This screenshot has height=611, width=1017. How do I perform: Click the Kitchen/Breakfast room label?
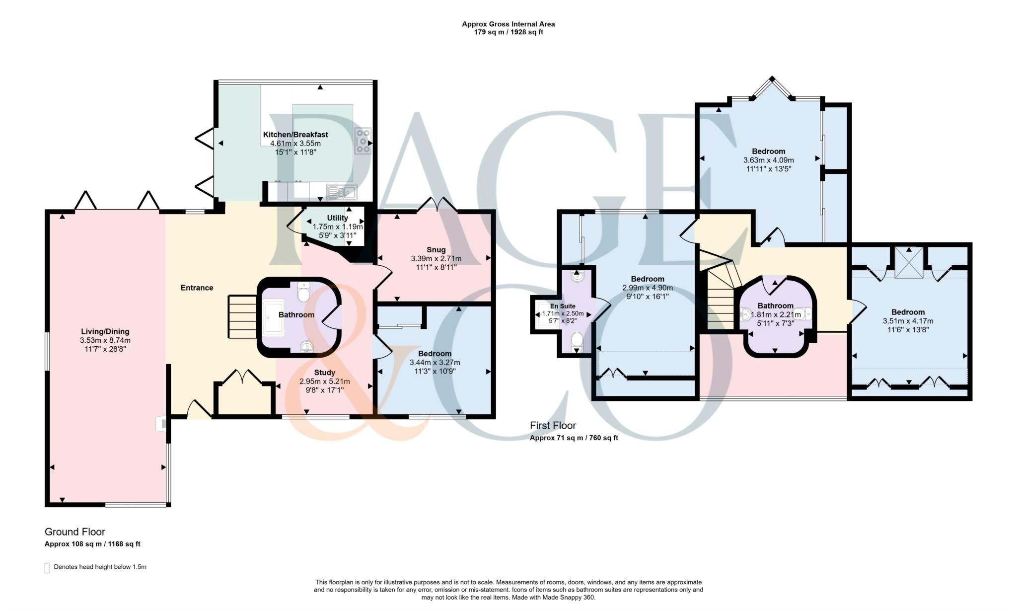pos(295,135)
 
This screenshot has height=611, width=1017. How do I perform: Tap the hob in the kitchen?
pos(362,141)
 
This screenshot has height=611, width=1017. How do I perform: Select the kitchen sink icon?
pos(341,191)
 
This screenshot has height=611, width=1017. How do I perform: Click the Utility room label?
pos(337,218)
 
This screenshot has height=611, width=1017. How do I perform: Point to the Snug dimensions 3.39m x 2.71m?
pos(436,259)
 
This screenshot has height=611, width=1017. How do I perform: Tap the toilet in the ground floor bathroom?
pos(303,293)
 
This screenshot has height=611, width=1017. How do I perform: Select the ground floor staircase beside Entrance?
pos(242,317)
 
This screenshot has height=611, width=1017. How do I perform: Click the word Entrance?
pos(197,288)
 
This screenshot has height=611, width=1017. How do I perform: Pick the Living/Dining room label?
pos(105,331)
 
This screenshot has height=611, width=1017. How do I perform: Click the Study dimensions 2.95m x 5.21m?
pos(324,382)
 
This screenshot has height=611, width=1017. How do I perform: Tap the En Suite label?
pos(562,306)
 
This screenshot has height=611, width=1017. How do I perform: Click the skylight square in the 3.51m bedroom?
pos(908,262)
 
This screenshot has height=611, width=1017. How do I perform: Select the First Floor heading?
pos(553,426)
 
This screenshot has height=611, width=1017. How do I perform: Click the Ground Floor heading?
pos(74,532)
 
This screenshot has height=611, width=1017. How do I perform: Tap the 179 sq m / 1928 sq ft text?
pos(508,32)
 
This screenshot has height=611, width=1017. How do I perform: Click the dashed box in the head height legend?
pos(47,568)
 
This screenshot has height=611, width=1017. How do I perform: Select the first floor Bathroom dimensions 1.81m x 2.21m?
pos(775,314)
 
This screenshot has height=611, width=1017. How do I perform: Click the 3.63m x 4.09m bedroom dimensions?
pos(768,160)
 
